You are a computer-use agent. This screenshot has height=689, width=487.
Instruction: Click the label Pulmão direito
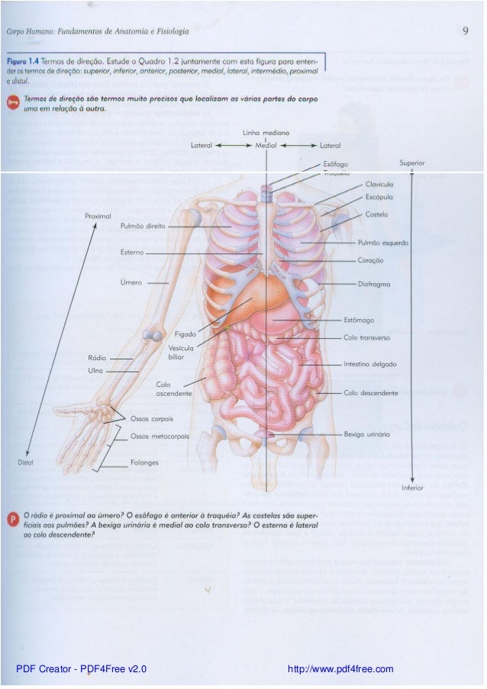144,226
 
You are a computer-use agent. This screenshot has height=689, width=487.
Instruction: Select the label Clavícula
379,185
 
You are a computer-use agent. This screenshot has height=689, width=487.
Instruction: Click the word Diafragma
374,284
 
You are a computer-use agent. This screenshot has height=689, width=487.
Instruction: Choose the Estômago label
359,320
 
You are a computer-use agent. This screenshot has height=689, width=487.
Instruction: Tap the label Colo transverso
366,336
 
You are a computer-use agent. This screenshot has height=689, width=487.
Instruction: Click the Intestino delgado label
369,365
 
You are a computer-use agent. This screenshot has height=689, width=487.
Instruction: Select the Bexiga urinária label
367,433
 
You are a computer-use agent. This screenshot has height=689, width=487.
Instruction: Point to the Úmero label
131,282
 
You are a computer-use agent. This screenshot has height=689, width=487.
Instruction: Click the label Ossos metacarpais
160,436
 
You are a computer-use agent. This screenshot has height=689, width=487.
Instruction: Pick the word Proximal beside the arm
98,217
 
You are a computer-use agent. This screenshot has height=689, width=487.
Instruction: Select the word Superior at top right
412,163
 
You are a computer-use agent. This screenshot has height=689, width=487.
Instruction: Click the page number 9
465,31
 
